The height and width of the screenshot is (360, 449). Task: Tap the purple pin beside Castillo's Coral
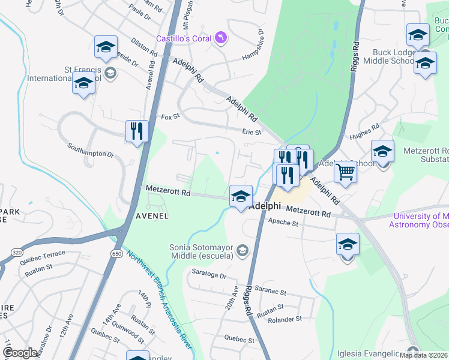pyautogui.click(x=221, y=38)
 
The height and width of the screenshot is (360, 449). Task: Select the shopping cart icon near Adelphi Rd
pyautogui.click(x=345, y=172)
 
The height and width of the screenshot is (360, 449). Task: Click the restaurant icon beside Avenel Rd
pyautogui.click(x=137, y=131)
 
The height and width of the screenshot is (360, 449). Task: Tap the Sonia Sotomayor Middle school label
pyautogui.click(x=201, y=251)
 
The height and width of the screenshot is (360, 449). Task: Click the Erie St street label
pyautogui.click(x=252, y=132)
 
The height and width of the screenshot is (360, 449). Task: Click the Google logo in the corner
pyautogui.click(x=20, y=353)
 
